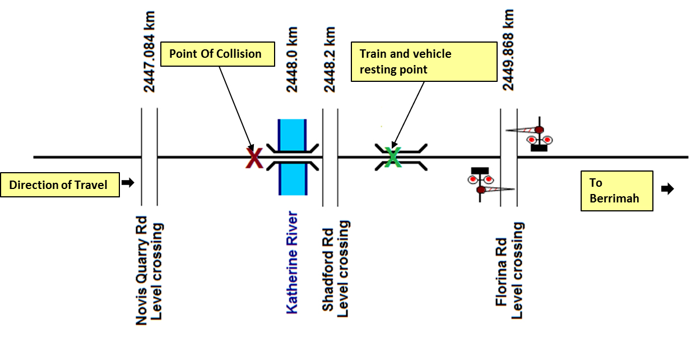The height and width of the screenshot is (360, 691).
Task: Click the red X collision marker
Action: (x=254, y=158)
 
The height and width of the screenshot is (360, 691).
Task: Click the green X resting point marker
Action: (x=393, y=156)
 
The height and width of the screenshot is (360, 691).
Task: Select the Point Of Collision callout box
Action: (x=218, y=54)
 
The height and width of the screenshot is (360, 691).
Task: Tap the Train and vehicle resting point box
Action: (x=424, y=62)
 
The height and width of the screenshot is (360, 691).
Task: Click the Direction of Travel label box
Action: (x=61, y=184)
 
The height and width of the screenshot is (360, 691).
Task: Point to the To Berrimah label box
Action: (x=616, y=191)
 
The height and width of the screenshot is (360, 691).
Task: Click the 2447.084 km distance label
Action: (x=150, y=51)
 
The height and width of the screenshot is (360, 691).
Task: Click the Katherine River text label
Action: (x=292, y=262)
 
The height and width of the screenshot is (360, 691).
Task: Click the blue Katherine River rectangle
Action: (x=293, y=157)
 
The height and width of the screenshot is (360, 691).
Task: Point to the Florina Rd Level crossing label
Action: (x=510, y=270)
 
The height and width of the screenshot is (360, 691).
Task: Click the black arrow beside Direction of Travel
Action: (x=128, y=183)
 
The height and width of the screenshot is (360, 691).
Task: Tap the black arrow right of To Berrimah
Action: (x=667, y=189)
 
